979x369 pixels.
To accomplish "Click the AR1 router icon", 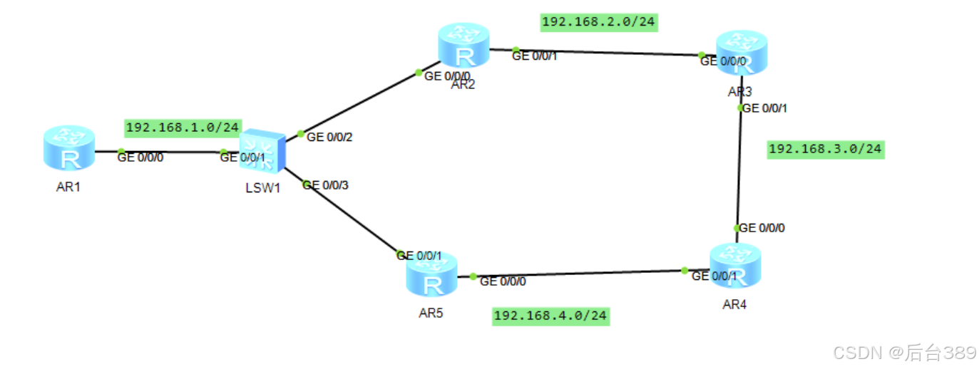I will (69, 147).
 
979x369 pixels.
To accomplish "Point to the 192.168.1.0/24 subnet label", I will (183, 128).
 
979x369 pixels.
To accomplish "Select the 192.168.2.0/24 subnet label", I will (598, 22).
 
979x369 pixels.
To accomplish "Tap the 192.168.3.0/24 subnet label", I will (826, 149).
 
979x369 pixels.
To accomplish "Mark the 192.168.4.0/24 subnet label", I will (552, 315).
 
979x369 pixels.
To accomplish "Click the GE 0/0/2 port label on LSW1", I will (329, 137).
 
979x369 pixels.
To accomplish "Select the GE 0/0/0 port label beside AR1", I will (140, 157).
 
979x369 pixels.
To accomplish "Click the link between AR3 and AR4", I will (740, 167).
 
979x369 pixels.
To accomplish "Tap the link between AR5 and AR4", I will (578, 274).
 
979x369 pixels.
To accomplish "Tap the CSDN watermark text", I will (904, 352).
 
